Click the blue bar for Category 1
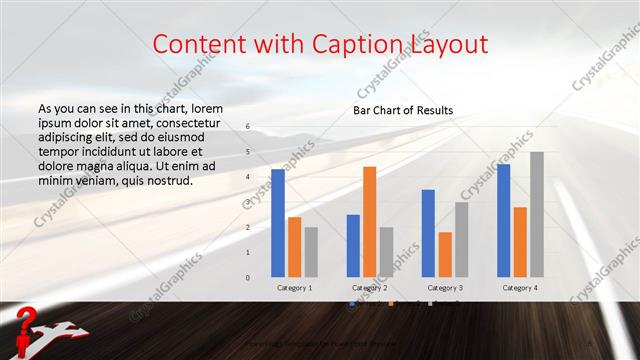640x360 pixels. [x=278, y=223]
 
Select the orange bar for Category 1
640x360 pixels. [x=294, y=247]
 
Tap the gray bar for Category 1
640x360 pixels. [x=311, y=252]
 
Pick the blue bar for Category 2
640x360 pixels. [x=353, y=246]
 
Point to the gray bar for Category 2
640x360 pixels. [x=386, y=252]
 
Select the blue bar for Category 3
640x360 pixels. [x=428, y=233]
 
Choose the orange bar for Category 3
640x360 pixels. [x=444, y=255]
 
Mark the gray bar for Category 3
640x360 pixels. [x=461, y=240]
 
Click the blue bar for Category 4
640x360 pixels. [x=503, y=221]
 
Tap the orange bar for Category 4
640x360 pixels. [x=520, y=242]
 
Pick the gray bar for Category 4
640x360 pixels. [x=537, y=214]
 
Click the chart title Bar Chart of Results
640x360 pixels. [x=403, y=110]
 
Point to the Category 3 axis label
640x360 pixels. [x=444, y=288]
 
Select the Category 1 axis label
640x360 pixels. [x=294, y=288]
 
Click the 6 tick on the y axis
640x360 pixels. [x=248, y=127]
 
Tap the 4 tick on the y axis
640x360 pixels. [x=248, y=177]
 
